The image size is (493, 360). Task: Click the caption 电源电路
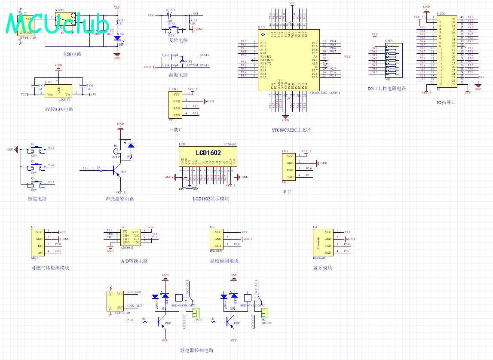click(72, 54)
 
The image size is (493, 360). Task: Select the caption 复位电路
click(178, 40)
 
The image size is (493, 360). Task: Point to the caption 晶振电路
click(178, 75)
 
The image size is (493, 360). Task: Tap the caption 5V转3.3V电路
click(59, 109)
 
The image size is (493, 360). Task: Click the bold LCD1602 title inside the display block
click(209, 153)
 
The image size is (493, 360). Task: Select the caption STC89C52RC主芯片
click(291, 130)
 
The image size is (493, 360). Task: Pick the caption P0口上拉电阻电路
click(387, 89)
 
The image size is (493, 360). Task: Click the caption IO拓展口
click(446, 102)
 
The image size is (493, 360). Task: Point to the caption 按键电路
click(37, 199)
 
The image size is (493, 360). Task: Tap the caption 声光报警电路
click(120, 199)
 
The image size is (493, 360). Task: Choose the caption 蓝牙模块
click(323, 268)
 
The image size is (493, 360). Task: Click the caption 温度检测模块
click(224, 261)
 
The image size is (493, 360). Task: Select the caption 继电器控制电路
click(197, 351)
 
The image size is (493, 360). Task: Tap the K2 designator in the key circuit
click(33, 161)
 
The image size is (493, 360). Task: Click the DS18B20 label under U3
click(216, 251)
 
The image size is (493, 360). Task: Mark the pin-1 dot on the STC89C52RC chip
click(263, 34)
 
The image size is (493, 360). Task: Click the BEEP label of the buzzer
click(116, 157)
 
